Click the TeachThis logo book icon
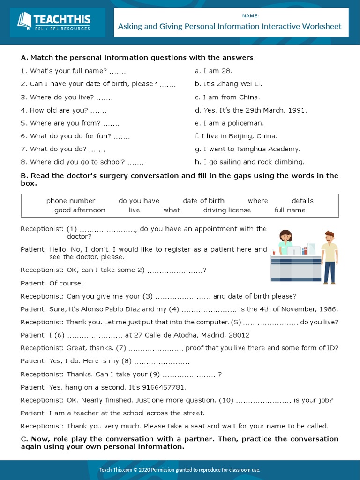pos(24,21)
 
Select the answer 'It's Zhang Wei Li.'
pos(228,84)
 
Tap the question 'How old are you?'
pos(59,110)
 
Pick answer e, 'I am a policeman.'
pos(229,123)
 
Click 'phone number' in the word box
pos(70,201)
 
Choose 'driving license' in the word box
pos(227,210)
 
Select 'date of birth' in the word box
pos(203,201)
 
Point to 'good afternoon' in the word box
pos(80,210)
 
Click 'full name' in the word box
pos(290,210)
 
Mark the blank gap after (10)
pos(263,400)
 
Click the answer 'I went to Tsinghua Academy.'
pos(247,149)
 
